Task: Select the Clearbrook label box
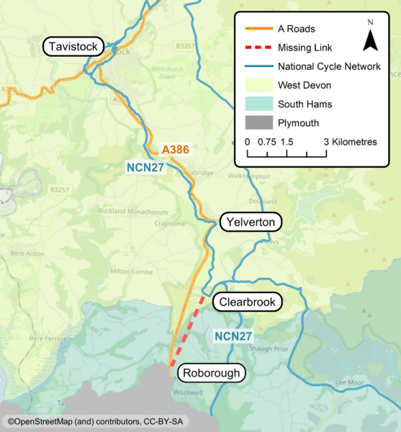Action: [246, 302]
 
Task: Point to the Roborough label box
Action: [212, 373]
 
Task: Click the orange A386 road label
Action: [176, 150]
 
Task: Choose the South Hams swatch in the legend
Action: [258, 104]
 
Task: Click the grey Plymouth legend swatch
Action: [258, 123]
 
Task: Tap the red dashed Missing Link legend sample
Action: [258, 48]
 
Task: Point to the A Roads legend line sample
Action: [258, 30]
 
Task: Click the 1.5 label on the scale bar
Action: [287, 143]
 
